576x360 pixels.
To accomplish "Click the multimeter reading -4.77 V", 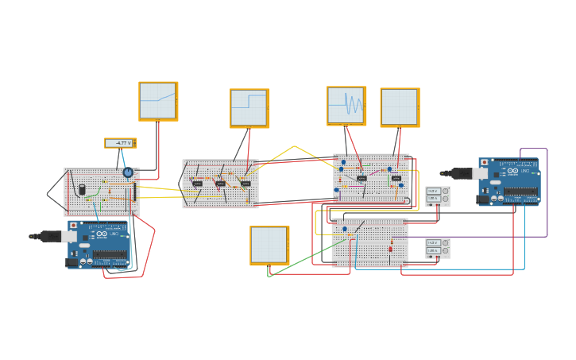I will pos(121,143).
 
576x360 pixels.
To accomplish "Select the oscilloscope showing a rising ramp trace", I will pos(158,101).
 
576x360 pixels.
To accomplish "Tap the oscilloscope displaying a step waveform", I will pos(249,107).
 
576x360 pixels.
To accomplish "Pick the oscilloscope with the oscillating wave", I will pos(346,106).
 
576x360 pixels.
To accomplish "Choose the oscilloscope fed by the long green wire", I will pos(269,245).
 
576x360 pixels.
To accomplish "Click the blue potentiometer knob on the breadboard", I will pos(127,172).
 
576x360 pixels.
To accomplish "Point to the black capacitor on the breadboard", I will pos(82,189).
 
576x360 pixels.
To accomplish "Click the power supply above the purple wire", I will pos(438,195).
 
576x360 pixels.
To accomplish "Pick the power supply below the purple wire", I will pos(438,247).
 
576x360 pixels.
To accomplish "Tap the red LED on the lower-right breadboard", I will pos(390,248).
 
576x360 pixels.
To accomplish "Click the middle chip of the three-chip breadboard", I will pos(221,184).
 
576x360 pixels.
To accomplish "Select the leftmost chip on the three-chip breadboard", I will pos(197,184).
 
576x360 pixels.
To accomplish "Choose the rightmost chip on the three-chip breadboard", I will pos(245,184).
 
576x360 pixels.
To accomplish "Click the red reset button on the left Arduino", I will pos(74,226).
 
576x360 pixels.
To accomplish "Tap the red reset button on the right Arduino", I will pos(485,162).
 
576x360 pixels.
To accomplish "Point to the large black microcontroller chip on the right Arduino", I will pos(520,191).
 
